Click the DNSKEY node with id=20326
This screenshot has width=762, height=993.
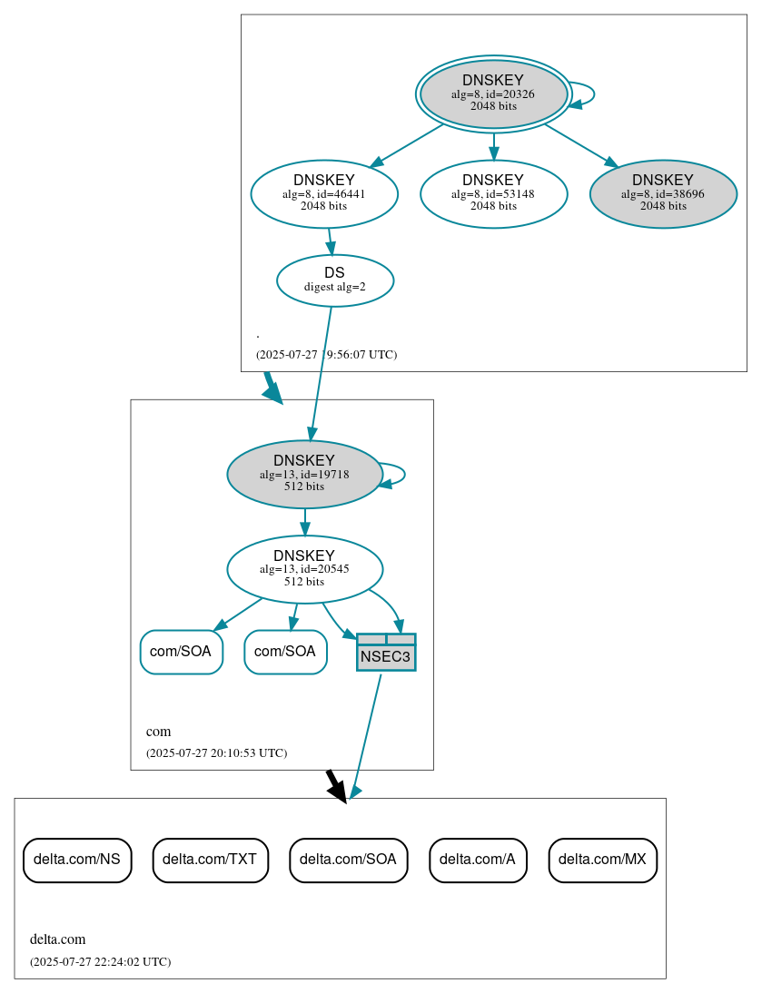click(x=493, y=93)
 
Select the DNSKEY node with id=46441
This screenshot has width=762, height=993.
click(x=324, y=193)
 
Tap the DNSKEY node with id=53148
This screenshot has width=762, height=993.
click(x=493, y=193)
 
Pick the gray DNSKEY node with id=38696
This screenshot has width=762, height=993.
click(x=663, y=193)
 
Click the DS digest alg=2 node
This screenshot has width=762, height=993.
click(x=334, y=280)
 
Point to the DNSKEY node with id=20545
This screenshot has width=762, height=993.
click(x=304, y=569)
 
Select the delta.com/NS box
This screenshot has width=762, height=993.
click(x=77, y=860)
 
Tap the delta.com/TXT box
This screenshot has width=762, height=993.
click(x=210, y=860)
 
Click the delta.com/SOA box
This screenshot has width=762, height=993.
click(x=348, y=860)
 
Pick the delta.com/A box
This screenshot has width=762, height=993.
click(x=478, y=860)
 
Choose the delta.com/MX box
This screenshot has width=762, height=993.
click(x=602, y=860)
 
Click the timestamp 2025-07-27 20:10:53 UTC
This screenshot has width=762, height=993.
click(x=216, y=753)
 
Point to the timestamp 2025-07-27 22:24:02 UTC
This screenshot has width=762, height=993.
click(x=100, y=961)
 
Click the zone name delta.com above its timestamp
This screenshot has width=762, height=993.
click(x=58, y=939)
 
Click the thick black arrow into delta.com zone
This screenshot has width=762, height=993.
click(x=336, y=786)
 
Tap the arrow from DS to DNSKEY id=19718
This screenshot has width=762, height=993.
click(x=321, y=372)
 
